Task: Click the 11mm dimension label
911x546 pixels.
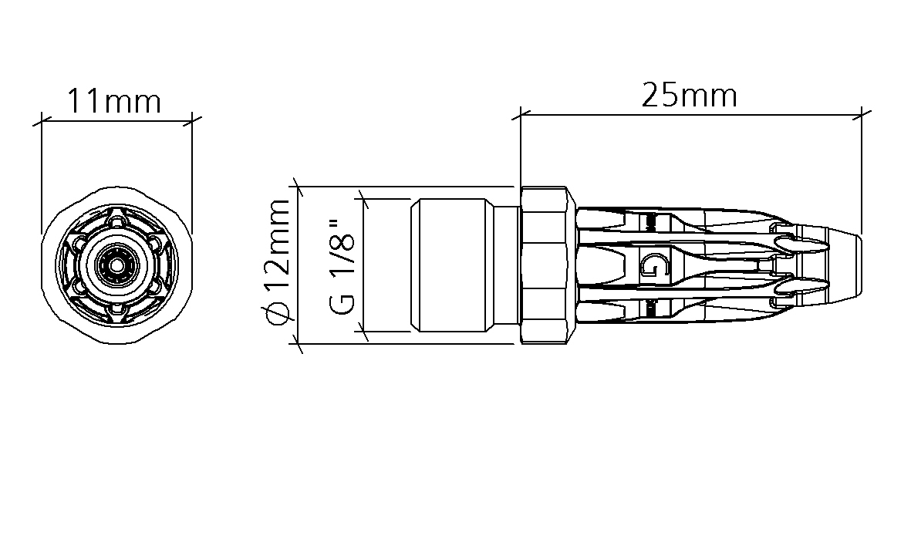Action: (114, 101)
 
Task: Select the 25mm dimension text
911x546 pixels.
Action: (690, 96)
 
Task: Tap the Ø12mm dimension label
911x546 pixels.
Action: (276, 262)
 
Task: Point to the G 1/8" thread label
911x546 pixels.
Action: (342, 267)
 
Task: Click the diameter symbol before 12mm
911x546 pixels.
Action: (277, 314)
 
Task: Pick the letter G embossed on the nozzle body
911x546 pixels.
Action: (653, 265)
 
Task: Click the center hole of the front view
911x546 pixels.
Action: (116, 265)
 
